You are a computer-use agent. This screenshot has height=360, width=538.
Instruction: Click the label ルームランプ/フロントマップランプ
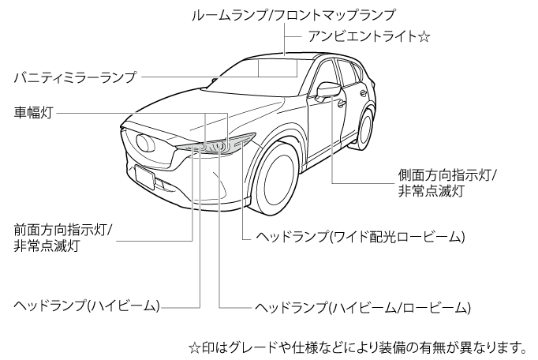[x=293, y=14]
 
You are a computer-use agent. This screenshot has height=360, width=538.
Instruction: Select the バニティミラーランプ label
[x=76, y=77]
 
